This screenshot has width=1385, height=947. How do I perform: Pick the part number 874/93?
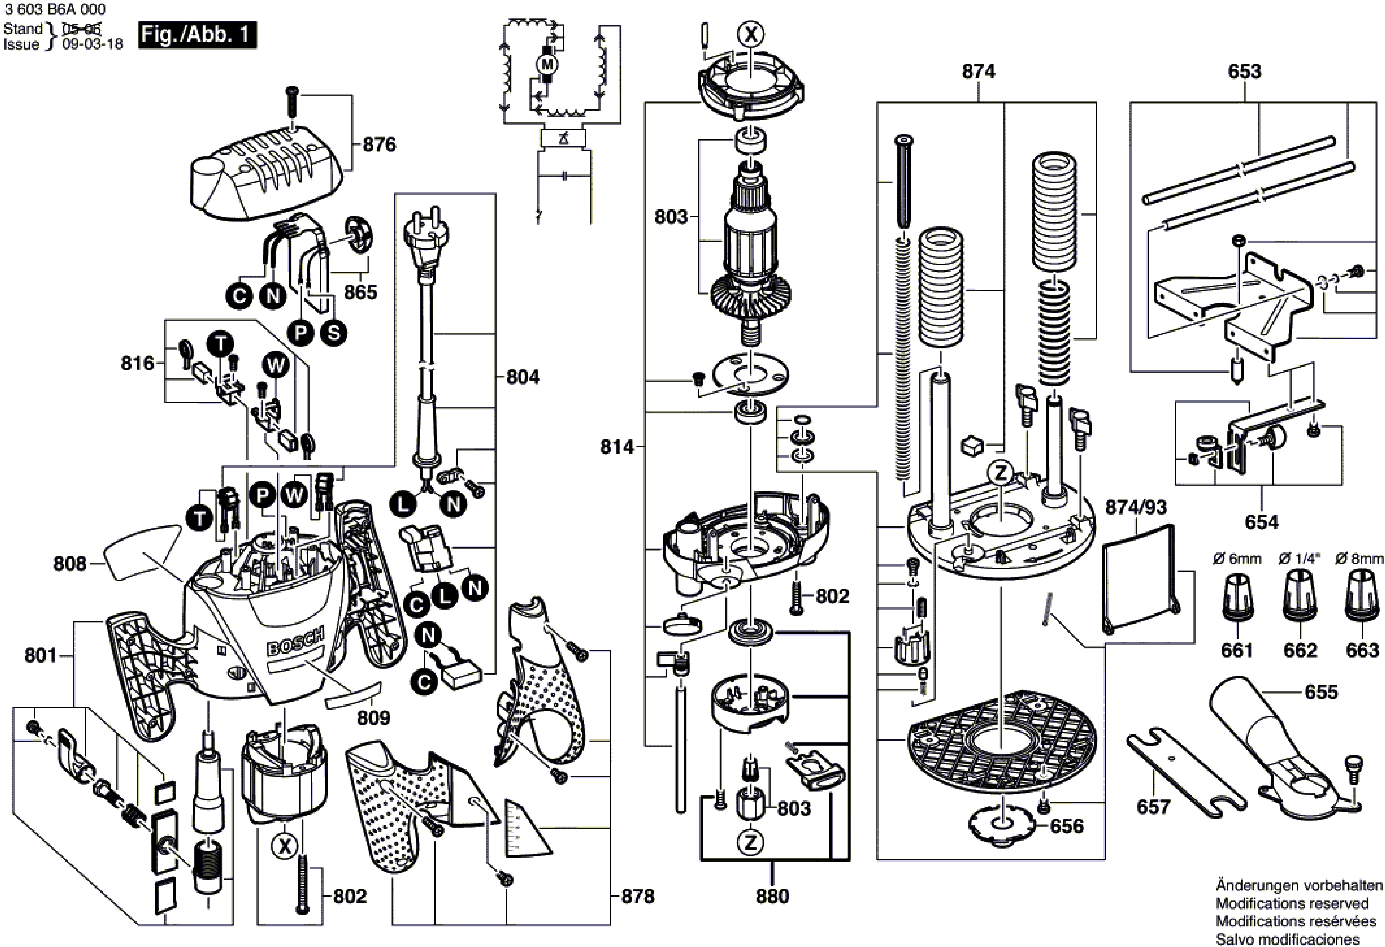1136,507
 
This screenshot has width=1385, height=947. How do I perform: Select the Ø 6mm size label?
1237,559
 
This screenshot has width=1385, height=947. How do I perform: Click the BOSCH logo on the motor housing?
296,641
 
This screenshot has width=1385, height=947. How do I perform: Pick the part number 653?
1244,72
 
